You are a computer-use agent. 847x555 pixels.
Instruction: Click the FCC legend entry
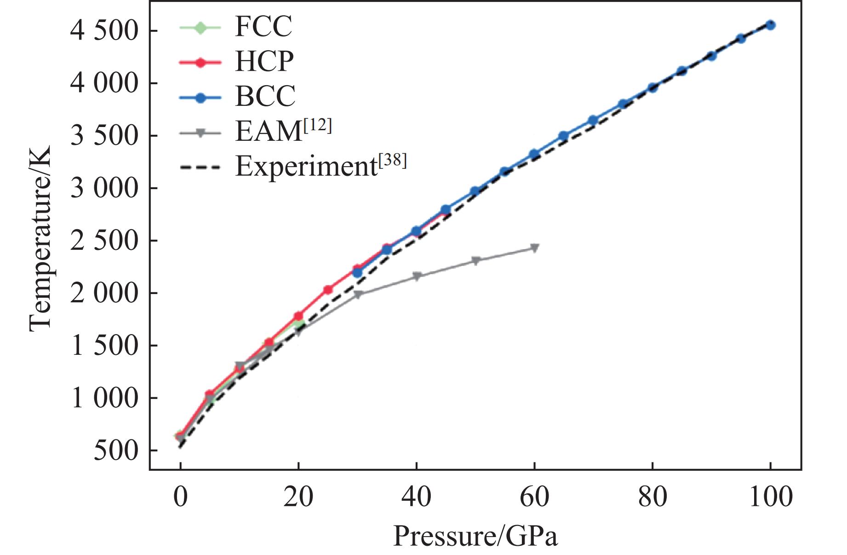(x=263, y=27)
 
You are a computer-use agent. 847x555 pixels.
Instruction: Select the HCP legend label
(x=264, y=61)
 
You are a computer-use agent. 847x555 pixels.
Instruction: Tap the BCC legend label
(x=265, y=97)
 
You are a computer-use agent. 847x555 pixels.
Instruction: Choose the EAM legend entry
(x=283, y=131)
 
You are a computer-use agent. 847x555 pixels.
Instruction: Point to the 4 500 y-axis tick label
(x=104, y=31)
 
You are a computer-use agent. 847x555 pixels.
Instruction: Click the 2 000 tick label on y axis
(x=104, y=293)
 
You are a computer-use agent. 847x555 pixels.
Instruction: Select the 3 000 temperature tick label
(x=104, y=188)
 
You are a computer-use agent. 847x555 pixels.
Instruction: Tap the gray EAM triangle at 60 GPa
(x=534, y=248)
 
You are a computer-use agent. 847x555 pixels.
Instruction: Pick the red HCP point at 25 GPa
(x=328, y=289)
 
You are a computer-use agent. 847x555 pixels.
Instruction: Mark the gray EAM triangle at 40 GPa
(x=417, y=276)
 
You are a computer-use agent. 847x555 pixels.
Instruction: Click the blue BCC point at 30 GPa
(x=357, y=272)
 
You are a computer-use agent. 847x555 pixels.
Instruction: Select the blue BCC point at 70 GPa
(x=593, y=121)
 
